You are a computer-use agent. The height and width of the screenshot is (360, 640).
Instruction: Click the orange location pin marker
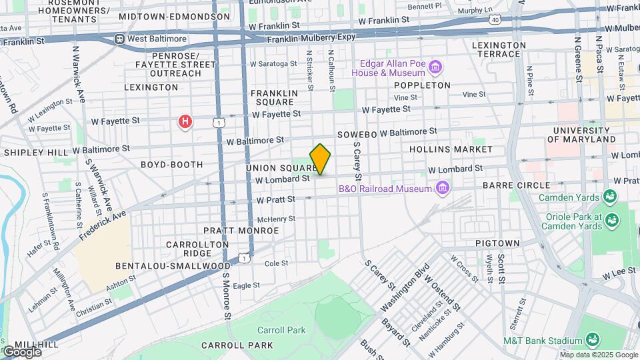[321, 159]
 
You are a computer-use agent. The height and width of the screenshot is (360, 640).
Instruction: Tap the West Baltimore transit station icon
[119, 39]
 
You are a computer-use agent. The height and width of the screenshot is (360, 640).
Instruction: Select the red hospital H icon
[185, 121]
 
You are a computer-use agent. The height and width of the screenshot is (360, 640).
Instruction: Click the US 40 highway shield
[494, 21]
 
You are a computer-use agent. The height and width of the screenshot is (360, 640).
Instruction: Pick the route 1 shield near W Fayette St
[218, 121]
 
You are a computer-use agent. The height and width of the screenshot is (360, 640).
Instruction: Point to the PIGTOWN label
[494, 245]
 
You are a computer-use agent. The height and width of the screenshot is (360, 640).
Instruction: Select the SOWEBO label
[358, 134]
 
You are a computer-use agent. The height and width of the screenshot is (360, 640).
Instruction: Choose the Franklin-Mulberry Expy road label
[311, 39]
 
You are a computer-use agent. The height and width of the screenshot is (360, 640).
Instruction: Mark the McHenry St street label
[276, 219]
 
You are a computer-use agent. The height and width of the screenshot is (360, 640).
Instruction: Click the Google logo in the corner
[22, 352]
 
